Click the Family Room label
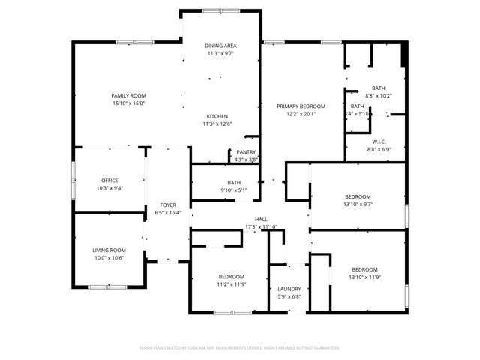[x=128, y=95]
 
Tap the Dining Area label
[x=221, y=46]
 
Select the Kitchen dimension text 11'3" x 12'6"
[x=217, y=124]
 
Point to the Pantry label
[x=246, y=152]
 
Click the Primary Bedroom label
[x=301, y=106]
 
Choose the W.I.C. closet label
[x=379, y=142]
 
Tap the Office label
[x=109, y=180]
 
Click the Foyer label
[x=167, y=205]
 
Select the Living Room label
[x=109, y=250]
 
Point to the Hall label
[x=261, y=219]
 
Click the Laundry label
[x=289, y=289]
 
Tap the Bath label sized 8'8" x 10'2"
[x=378, y=88]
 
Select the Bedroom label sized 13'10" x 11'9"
[x=365, y=269]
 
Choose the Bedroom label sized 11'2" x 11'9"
[x=232, y=277]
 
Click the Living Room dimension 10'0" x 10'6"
[x=109, y=258]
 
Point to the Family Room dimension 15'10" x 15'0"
[x=128, y=103]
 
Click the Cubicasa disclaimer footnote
[x=240, y=348]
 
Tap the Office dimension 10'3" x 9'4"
[x=109, y=188]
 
